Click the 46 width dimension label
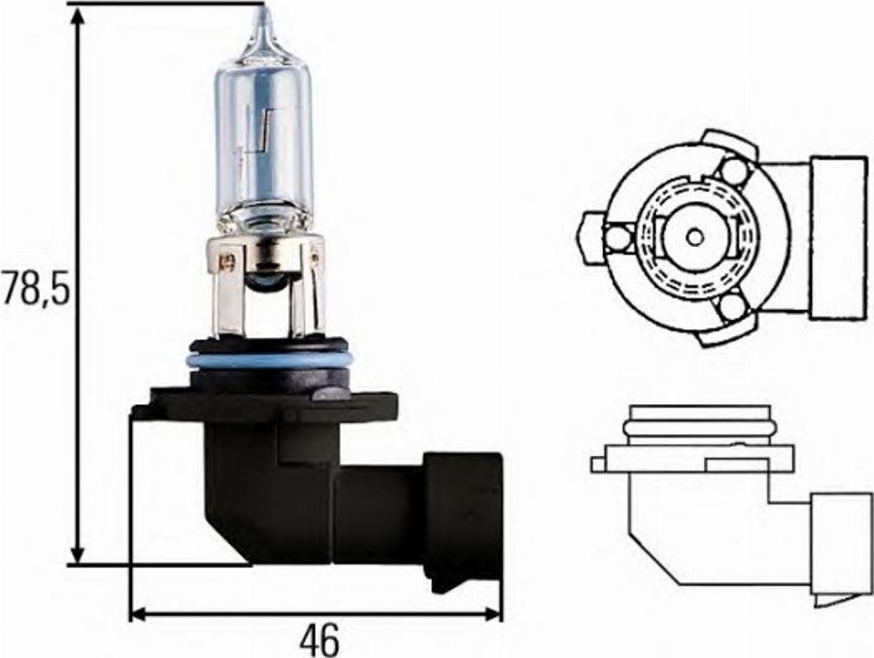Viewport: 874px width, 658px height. click(x=319, y=639)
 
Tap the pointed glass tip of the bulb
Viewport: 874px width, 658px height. click(x=263, y=22)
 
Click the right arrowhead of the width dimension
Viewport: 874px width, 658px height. click(x=490, y=614)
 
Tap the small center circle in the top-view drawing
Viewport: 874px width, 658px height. click(x=694, y=237)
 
